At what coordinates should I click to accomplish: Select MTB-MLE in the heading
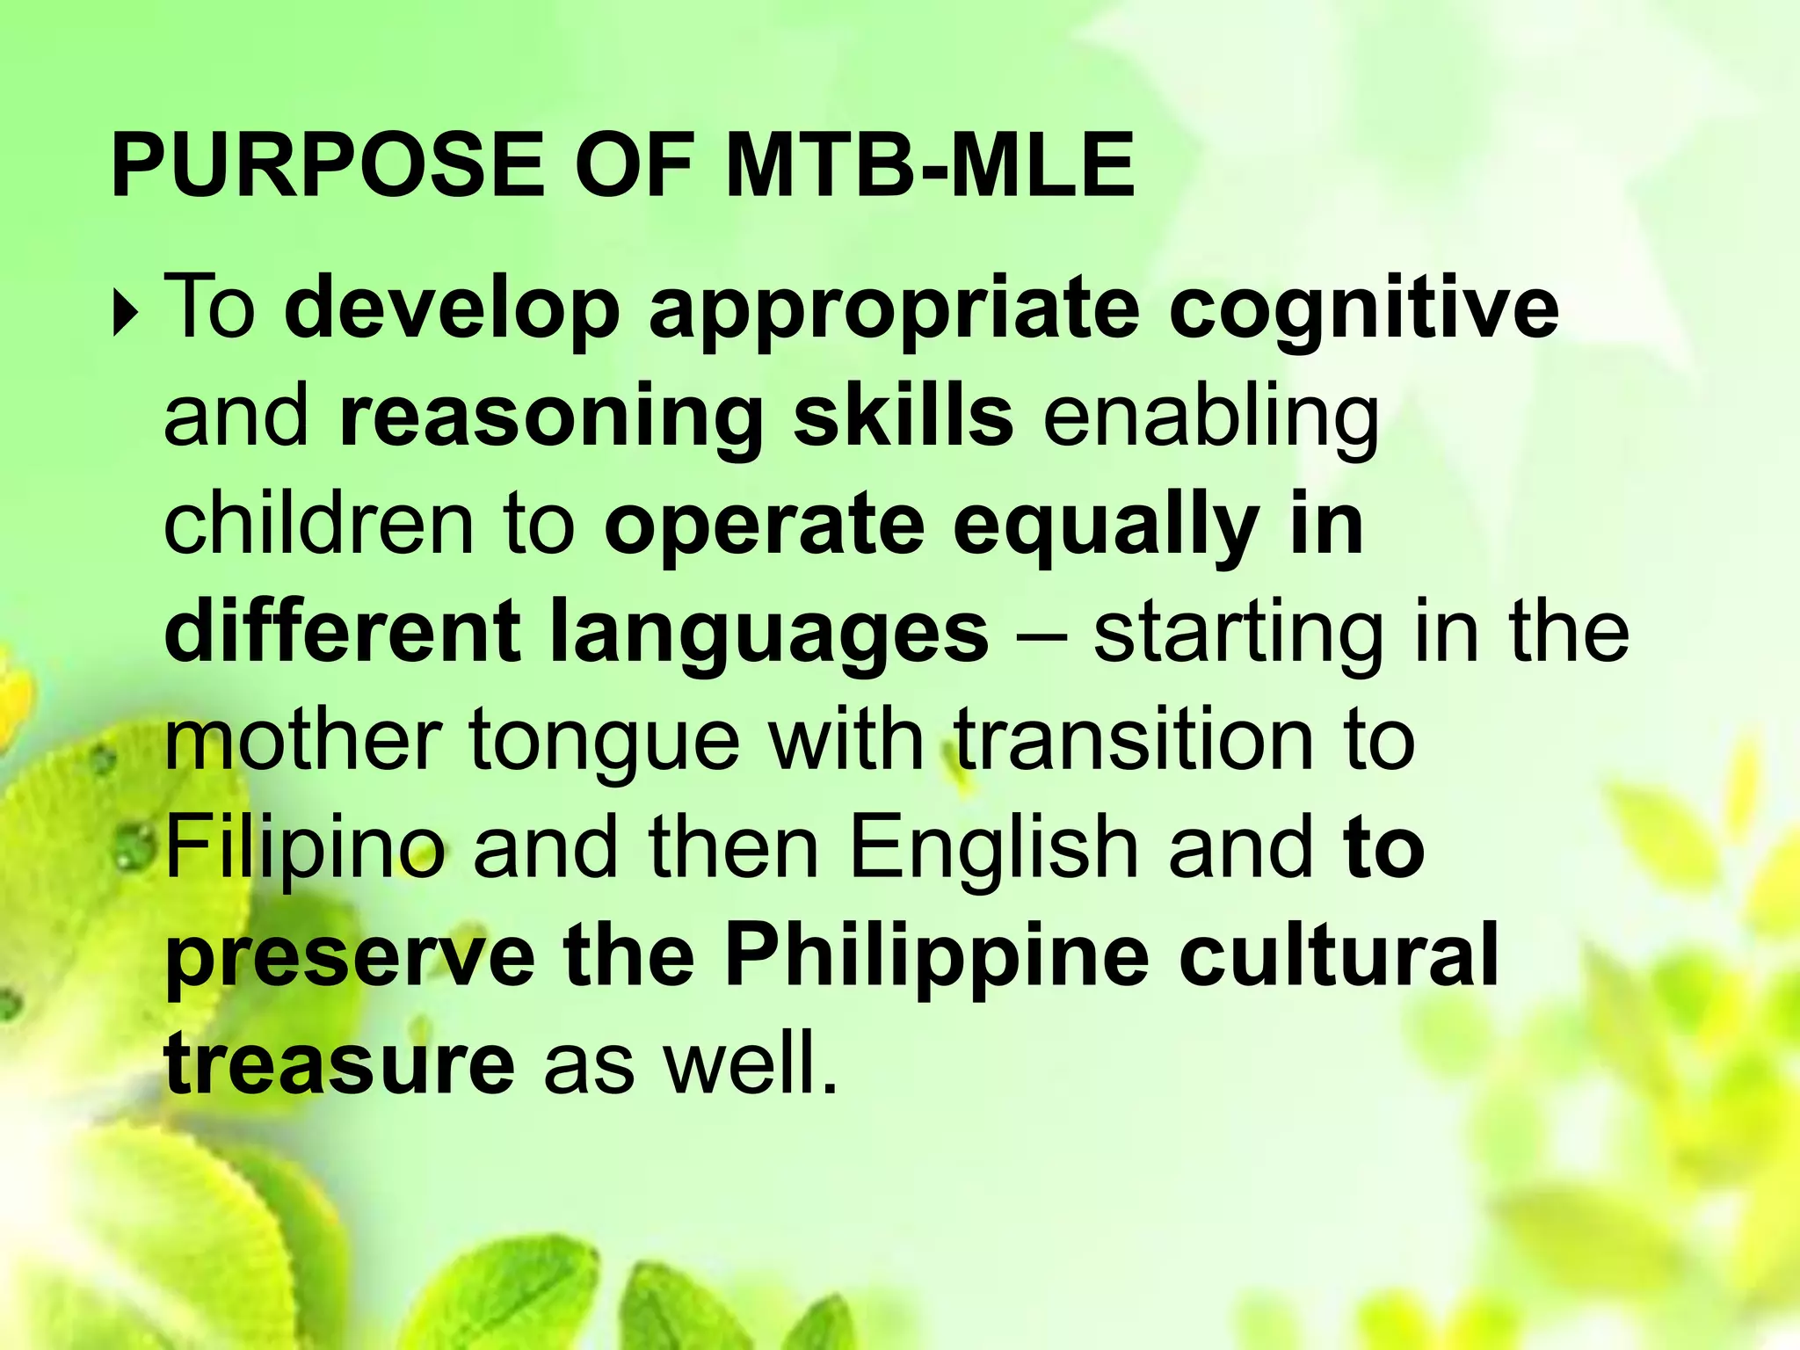point(930,165)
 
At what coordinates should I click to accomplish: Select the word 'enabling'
point(1210,417)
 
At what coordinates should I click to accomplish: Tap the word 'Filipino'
point(305,848)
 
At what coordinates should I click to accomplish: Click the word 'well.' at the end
point(751,1063)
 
